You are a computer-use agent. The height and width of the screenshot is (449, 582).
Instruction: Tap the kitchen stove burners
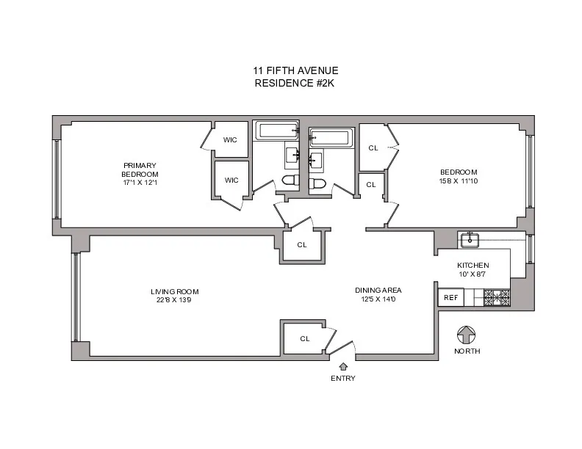pos(497,297)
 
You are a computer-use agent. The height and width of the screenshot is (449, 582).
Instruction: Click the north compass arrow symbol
pos(467,335)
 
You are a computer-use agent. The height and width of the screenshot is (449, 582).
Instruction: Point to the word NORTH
pos(467,351)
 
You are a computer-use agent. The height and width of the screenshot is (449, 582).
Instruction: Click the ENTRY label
pos(343,379)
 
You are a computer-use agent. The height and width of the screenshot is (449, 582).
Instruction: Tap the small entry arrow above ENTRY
pos(343,366)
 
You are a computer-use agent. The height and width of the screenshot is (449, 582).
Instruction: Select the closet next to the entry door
pos(304,338)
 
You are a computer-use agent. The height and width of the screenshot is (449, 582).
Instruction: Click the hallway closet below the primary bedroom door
pos(301,245)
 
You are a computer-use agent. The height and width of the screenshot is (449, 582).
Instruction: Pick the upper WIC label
pos(231,139)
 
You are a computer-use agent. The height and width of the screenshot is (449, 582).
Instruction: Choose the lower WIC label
pos(231,180)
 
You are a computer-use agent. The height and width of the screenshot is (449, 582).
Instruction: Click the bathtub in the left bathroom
pos(277,131)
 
